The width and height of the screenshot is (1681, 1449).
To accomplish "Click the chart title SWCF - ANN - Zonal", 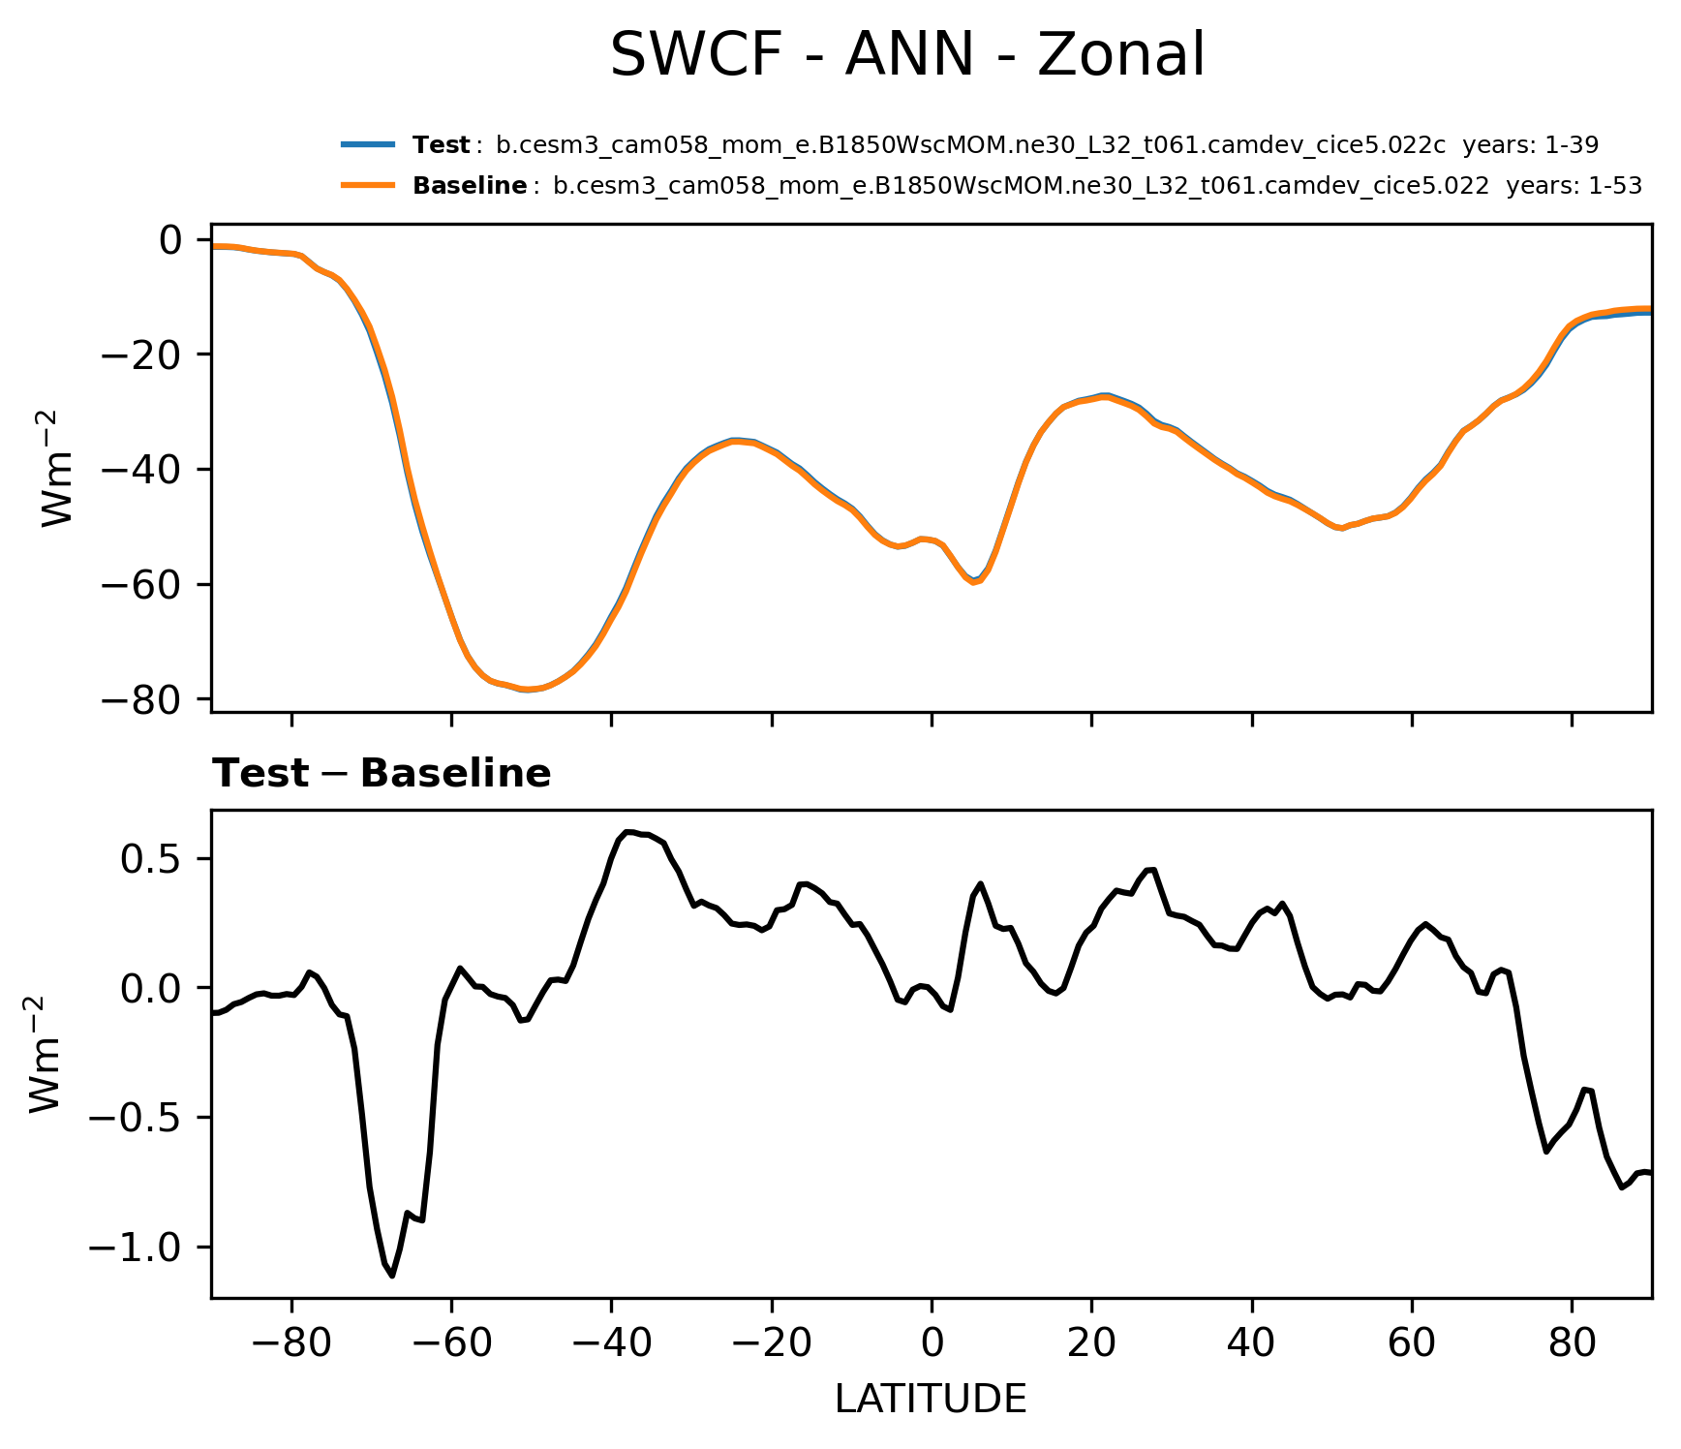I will coord(907,55).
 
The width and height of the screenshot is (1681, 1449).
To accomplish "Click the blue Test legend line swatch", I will coord(368,145).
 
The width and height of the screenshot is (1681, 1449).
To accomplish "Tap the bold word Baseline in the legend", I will coord(470,186).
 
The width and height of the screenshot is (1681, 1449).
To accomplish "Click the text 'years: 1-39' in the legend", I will coord(1530,145).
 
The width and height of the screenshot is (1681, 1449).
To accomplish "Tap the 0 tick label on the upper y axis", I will coord(170,239).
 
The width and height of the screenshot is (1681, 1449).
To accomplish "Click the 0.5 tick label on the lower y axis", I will coord(151,859).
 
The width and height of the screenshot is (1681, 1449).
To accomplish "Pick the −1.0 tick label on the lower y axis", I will coord(136,1248).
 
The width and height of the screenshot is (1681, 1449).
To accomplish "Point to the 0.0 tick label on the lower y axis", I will coord(151,989).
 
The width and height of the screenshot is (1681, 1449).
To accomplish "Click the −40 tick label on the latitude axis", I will coord(610,1344).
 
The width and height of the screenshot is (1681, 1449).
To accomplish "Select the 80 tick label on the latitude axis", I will coord(1572,1344).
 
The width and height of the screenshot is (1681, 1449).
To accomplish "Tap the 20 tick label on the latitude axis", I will coord(1091,1344).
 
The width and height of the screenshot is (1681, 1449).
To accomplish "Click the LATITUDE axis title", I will coord(931,1400).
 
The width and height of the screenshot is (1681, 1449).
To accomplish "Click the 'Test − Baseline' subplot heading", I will coord(382,774).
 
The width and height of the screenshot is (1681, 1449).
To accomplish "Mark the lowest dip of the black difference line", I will coord(392,1276).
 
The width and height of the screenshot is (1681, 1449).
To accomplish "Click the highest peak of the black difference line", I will coord(628,831).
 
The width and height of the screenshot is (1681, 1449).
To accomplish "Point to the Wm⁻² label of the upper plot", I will coord(58,469).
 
